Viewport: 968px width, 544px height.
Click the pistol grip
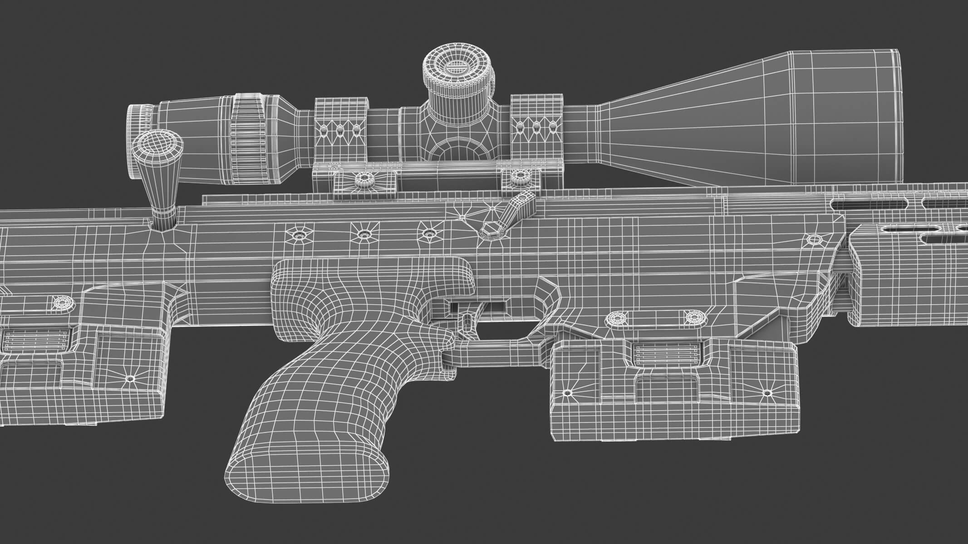tap(318, 363)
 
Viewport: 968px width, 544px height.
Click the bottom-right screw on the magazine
tap(767, 393)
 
